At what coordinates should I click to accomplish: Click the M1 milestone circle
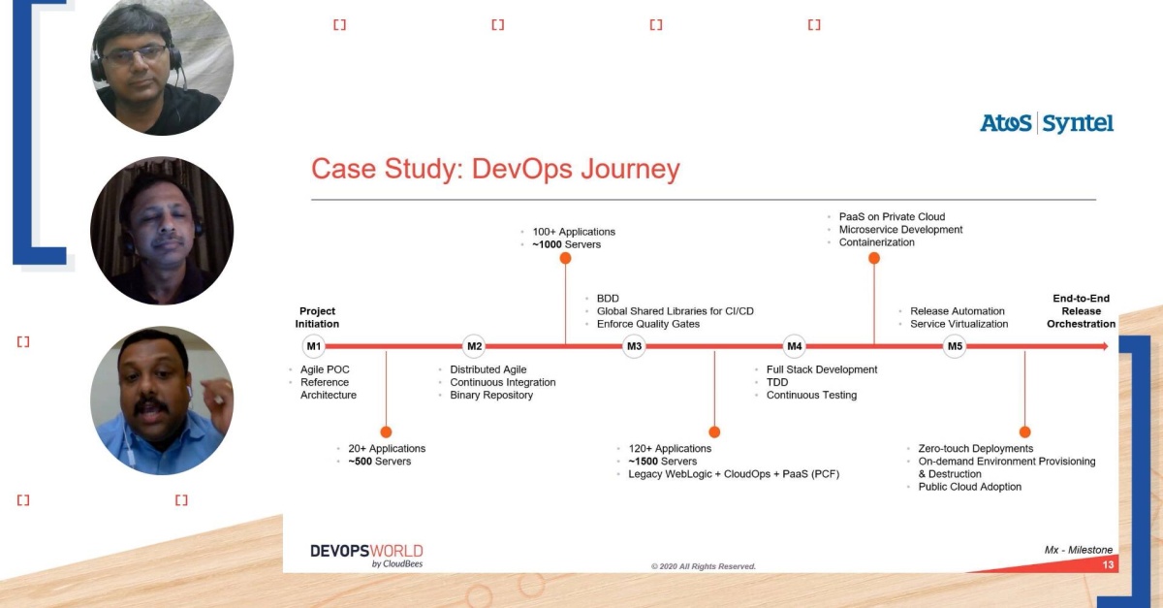[314, 346]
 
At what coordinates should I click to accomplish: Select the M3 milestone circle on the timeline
[634, 346]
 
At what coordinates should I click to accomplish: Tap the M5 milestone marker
[955, 346]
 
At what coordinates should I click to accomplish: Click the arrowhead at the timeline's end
[1105, 346]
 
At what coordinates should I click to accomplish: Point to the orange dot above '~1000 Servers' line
[565, 258]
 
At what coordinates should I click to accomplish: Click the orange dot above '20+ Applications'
[386, 432]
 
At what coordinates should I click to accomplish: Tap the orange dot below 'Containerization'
[874, 258]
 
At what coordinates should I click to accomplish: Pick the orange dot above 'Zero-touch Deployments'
[1025, 432]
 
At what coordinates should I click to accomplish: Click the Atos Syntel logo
[1047, 124]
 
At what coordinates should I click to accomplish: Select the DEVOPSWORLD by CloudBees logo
[366, 556]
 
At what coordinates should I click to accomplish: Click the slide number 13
[1108, 565]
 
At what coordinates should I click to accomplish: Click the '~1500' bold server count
[644, 462]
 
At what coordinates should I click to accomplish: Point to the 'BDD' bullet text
[608, 299]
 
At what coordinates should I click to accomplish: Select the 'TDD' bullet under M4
[777, 382]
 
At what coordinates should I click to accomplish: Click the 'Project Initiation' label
[317, 317]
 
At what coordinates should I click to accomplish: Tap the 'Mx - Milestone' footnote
[1079, 550]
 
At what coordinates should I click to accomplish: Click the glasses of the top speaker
[135, 55]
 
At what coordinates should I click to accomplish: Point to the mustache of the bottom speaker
[151, 406]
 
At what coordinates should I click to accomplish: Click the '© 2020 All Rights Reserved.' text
[704, 566]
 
